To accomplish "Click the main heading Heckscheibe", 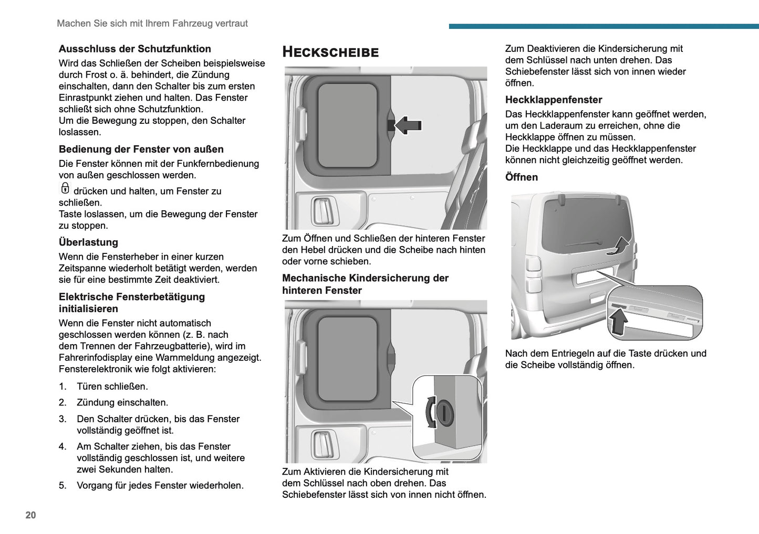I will tap(330, 52).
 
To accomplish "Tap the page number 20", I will tap(30, 515).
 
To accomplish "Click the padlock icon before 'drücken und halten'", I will tap(65, 188).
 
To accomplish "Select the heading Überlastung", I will tap(88, 242).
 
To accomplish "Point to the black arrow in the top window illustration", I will tap(408, 125).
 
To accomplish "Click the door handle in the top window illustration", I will tap(321, 211).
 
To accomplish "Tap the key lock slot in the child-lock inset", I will tap(445, 412).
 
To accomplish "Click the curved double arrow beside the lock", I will tap(430, 412).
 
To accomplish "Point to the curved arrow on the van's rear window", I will tap(619, 245).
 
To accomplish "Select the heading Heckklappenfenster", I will tap(554, 100).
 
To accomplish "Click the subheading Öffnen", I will tap(522, 177).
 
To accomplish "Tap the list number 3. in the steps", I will tap(63, 419).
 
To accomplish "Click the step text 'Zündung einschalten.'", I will tap(122, 403).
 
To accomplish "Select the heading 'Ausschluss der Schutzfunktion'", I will tap(135, 49).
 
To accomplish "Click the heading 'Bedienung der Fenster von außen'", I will tap(141, 149).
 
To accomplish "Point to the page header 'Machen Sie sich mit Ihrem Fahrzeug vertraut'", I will tap(152, 24).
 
